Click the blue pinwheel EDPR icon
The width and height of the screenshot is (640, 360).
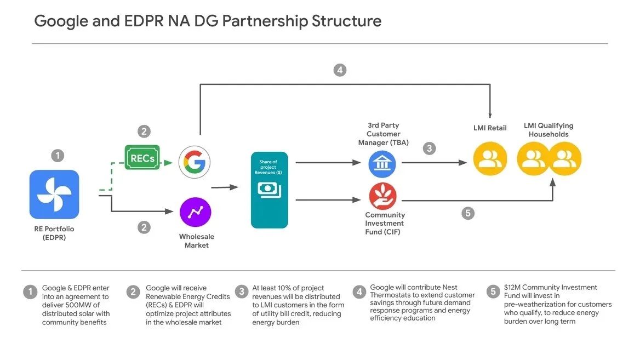click(54, 194)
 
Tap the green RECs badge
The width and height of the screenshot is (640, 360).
click(142, 157)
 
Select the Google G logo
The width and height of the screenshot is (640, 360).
click(195, 162)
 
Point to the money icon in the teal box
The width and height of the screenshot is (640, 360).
click(269, 189)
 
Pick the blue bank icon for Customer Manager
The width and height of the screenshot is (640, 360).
click(382, 163)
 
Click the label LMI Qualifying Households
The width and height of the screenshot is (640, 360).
click(548, 130)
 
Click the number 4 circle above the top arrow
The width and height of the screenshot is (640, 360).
click(340, 70)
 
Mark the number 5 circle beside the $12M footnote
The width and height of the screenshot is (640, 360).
click(494, 292)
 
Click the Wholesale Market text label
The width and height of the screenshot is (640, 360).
click(196, 241)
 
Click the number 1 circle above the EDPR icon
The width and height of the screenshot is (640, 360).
click(58, 156)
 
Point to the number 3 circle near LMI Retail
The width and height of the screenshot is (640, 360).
click(430, 148)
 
